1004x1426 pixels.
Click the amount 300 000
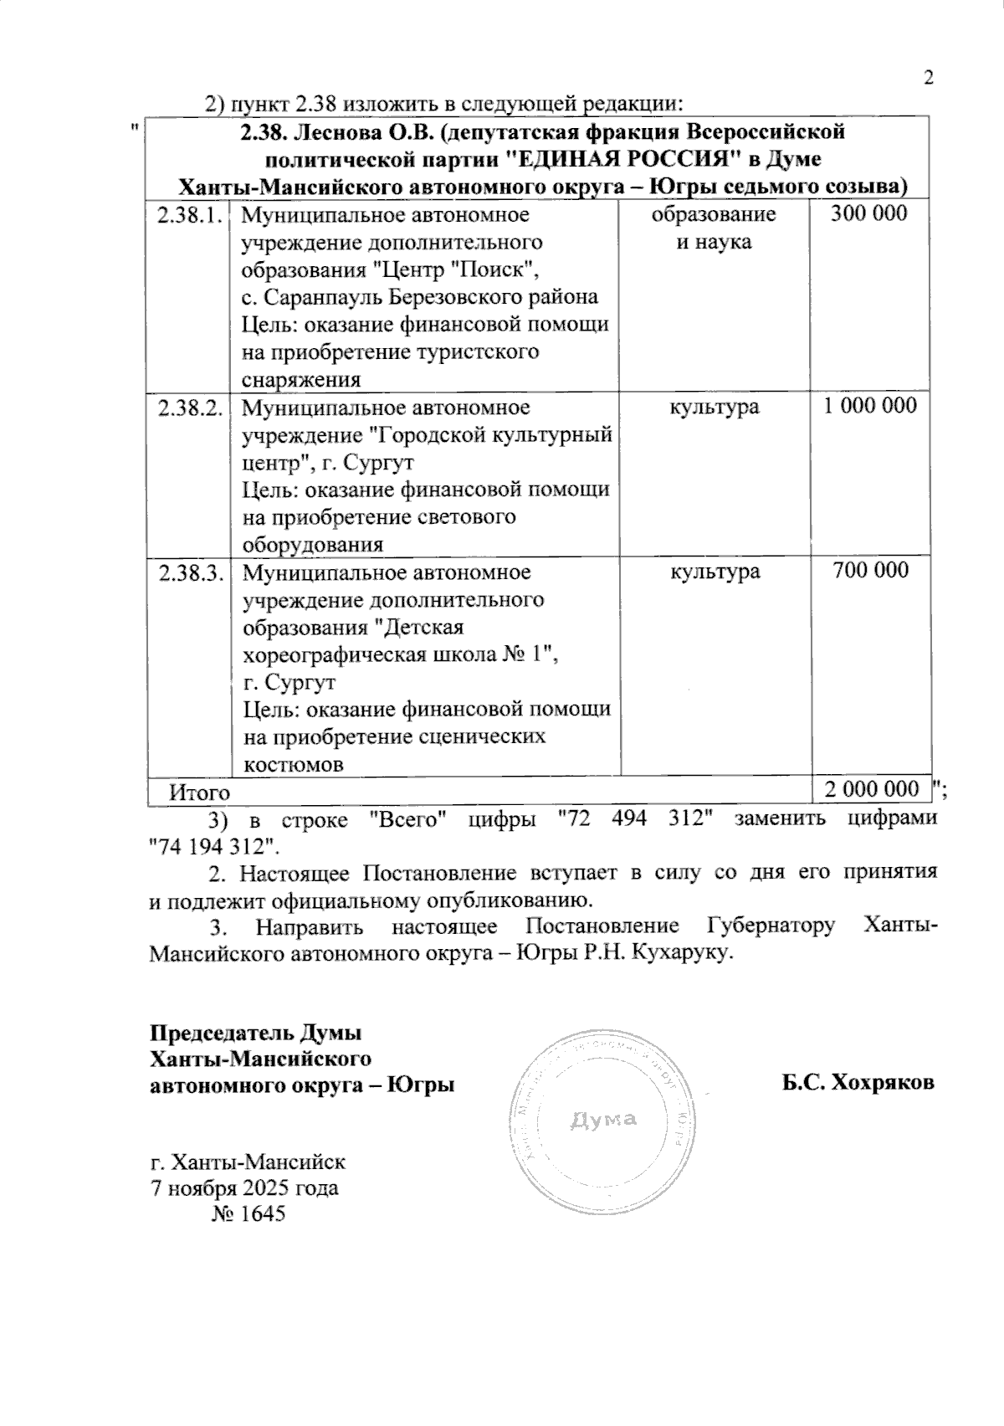point(868,213)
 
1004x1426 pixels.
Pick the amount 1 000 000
point(870,406)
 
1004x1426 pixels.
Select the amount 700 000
point(870,571)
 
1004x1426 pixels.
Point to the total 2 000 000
point(871,789)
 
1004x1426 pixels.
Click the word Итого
point(199,790)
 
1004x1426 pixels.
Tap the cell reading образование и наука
point(714,228)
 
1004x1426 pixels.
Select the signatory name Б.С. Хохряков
point(858,1083)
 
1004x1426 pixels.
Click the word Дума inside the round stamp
point(604,1119)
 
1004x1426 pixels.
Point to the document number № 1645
point(248,1213)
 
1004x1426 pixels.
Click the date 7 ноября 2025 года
point(243,1187)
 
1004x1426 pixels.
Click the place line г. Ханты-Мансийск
point(247,1162)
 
